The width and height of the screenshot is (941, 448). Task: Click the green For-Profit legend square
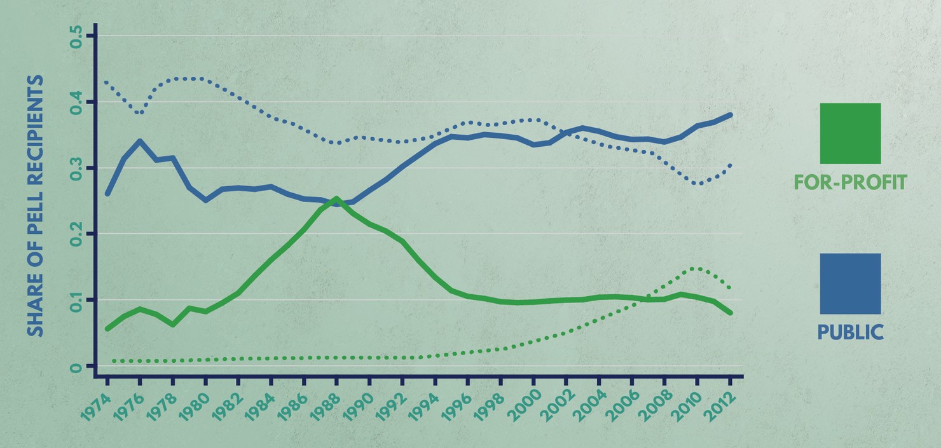(x=850, y=133)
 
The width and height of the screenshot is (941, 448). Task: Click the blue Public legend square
(x=850, y=283)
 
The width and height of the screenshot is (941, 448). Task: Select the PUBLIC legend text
(x=850, y=332)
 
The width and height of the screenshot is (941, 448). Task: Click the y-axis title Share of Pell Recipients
(x=36, y=206)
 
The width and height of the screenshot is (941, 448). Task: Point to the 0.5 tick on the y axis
(x=76, y=36)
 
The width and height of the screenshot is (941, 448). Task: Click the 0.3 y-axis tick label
(x=76, y=168)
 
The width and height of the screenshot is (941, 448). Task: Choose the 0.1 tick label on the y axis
(x=76, y=300)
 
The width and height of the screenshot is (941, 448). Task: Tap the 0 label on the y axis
(x=76, y=367)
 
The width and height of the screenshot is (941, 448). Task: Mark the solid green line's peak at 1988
(x=336, y=198)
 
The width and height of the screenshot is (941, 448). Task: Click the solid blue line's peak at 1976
(x=140, y=141)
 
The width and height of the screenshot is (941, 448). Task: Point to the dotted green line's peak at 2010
(x=697, y=268)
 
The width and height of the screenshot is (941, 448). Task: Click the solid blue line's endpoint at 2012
(x=731, y=115)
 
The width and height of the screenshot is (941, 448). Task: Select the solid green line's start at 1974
(x=107, y=329)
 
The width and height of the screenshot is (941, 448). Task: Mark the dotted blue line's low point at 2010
(x=699, y=184)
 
